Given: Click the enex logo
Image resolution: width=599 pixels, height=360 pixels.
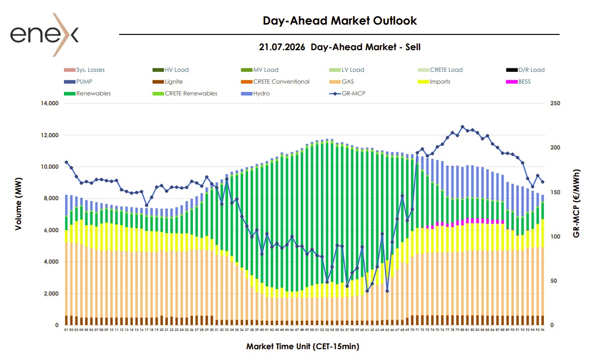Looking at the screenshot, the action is click(44, 35).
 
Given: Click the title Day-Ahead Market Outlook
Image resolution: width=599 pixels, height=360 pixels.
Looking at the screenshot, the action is click(340, 21).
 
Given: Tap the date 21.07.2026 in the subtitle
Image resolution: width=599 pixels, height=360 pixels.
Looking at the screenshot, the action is click(282, 47).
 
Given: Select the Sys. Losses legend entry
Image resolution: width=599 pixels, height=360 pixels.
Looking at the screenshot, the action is click(84, 70).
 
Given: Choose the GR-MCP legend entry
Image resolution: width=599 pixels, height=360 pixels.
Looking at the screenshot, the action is click(347, 93).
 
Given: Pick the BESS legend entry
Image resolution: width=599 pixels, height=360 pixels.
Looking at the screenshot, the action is click(518, 82).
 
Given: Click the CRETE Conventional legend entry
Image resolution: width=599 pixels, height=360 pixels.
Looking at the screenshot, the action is click(275, 82).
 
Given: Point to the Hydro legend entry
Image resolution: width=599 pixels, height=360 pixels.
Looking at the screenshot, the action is click(255, 93).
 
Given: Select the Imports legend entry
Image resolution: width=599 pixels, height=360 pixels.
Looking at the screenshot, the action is click(434, 82).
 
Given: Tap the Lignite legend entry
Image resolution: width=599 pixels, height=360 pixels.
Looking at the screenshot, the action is click(168, 82).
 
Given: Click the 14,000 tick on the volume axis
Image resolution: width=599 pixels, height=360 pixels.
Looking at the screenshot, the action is click(50, 103).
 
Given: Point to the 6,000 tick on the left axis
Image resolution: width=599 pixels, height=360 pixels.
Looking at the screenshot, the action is click(51, 230).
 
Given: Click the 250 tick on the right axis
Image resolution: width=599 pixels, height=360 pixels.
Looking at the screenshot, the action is click(555, 103).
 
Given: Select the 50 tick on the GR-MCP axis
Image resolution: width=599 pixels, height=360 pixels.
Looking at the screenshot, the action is click(554, 281).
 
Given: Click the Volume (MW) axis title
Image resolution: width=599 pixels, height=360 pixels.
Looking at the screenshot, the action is click(18, 204).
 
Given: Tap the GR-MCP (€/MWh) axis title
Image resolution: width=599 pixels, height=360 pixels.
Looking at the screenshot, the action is click(576, 204).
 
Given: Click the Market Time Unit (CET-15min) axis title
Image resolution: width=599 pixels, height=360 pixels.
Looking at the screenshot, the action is click(303, 347).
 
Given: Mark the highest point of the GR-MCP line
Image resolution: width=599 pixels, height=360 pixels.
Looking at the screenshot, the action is click(462, 127).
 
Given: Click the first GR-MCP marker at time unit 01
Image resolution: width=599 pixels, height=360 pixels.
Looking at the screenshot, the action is click(66, 162).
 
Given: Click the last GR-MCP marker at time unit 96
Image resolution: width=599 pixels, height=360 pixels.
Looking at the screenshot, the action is click(542, 182).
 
